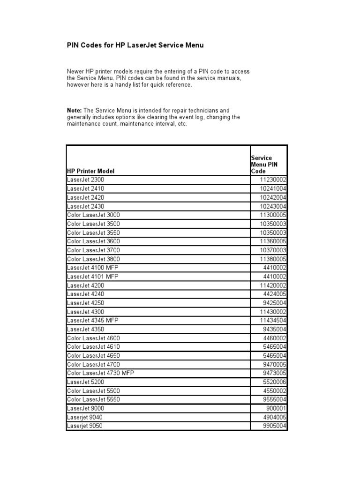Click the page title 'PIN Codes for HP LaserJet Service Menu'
[136, 45]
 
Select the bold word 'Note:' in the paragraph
[75, 110]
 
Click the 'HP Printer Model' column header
[90, 171]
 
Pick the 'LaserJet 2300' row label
[86, 180]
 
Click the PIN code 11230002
[273, 180]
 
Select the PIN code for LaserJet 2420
[273, 197]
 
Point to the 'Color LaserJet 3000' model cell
[93, 215]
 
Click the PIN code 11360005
[273, 241]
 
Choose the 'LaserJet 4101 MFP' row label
[93, 277]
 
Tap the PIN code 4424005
[275, 294]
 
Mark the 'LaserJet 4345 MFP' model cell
[93, 321]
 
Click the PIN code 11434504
[273, 321]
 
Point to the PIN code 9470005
[275, 365]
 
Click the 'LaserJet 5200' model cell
[86, 382]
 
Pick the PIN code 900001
[277, 409]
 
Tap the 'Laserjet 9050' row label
[85, 426]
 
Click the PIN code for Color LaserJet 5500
[275, 391]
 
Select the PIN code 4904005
[275, 417]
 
